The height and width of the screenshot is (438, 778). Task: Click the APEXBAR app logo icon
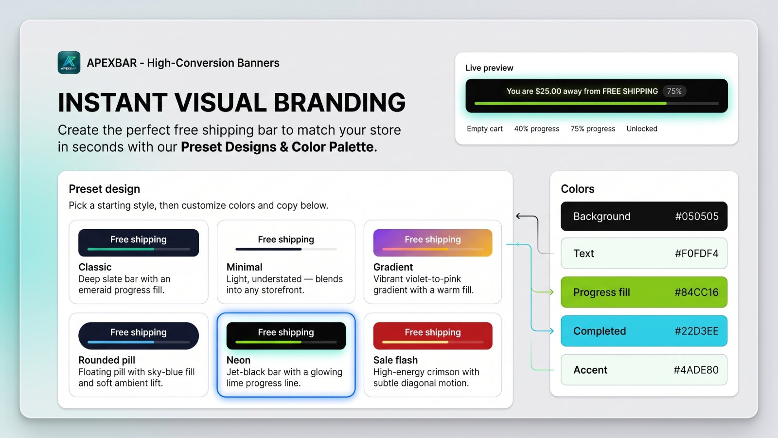[x=69, y=63]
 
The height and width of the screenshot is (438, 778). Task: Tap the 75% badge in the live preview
[x=674, y=91]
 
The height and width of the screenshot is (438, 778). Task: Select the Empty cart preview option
[x=484, y=128]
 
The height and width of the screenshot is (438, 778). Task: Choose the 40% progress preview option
[x=537, y=128]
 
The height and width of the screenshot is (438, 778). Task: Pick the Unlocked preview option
[x=642, y=128]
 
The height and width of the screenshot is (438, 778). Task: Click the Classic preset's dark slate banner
[x=139, y=243]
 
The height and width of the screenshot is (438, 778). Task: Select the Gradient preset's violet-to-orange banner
[x=433, y=243]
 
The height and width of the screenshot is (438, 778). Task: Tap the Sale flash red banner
[x=433, y=335]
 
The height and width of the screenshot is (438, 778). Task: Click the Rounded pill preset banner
[x=139, y=335]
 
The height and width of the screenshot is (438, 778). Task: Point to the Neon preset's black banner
[x=286, y=335]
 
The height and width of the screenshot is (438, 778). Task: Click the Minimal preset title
[x=244, y=267]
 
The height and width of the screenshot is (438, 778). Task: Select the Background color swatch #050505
[x=644, y=216]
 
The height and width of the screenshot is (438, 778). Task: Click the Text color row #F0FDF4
[x=644, y=253]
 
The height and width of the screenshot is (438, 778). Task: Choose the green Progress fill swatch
[x=644, y=292]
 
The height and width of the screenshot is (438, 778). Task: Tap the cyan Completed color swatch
[x=644, y=331]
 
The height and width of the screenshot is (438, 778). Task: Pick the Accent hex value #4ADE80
[x=696, y=370]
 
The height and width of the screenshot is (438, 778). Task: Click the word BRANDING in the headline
[x=339, y=103]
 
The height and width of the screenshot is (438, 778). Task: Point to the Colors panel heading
[x=578, y=189]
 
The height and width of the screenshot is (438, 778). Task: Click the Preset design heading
[x=104, y=189]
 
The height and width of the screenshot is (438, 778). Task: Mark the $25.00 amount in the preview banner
[x=548, y=91]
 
